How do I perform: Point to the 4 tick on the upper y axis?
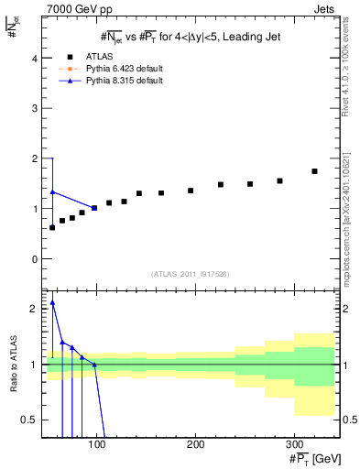(x=34, y=58)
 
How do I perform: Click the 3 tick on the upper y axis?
(x=34, y=108)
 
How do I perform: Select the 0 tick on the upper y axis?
(x=34, y=259)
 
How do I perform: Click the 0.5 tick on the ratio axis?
(x=30, y=420)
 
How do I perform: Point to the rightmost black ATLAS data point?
(x=314, y=171)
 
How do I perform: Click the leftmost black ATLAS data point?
(x=52, y=227)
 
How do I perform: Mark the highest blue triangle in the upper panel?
(x=52, y=192)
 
